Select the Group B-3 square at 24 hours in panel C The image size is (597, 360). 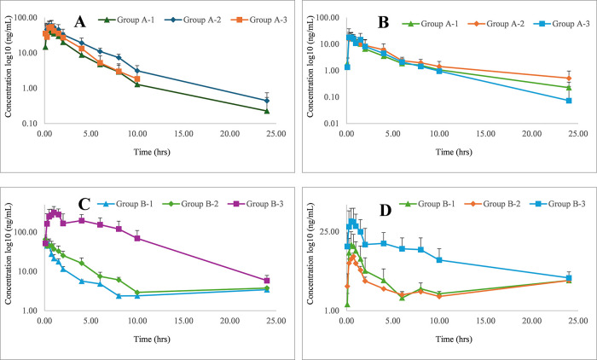(267, 281)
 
